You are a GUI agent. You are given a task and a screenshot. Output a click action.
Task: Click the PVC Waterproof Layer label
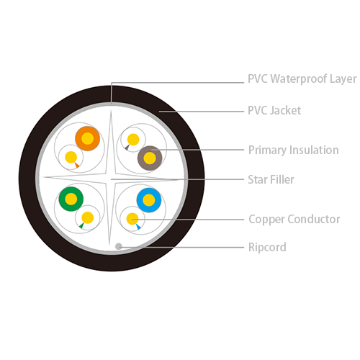(x=302, y=79)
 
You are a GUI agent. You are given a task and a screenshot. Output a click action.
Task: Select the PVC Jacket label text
(x=274, y=110)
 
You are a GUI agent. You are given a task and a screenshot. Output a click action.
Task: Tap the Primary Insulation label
(x=293, y=150)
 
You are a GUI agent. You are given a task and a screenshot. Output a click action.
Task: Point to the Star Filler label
(x=271, y=179)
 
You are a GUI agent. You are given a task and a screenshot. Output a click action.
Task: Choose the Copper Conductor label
(x=294, y=219)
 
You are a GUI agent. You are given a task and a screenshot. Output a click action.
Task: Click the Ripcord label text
(x=267, y=247)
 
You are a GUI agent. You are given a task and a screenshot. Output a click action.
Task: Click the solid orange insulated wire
(x=87, y=138)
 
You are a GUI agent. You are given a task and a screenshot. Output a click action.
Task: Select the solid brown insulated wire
(x=150, y=158)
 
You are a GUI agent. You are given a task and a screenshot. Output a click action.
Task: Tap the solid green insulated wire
(x=71, y=199)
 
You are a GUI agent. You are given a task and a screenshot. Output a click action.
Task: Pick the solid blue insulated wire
(x=149, y=200)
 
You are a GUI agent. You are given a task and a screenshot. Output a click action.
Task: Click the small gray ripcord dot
(x=119, y=246)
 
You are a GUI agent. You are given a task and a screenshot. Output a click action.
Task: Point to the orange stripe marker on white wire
(x=77, y=165)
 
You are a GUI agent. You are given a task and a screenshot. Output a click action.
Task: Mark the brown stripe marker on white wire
(x=127, y=147)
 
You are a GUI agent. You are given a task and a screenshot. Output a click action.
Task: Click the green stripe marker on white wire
(x=81, y=225)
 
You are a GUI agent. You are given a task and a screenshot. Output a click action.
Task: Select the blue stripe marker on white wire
(x=138, y=227)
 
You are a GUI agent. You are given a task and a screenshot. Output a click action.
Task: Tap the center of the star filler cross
(x=110, y=179)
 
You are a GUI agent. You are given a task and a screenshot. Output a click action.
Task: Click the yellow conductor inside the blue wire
(x=149, y=200)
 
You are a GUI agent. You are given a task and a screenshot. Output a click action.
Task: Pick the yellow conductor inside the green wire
(x=71, y=199)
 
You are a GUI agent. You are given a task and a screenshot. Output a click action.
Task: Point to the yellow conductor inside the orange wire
(x=87, y=138)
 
